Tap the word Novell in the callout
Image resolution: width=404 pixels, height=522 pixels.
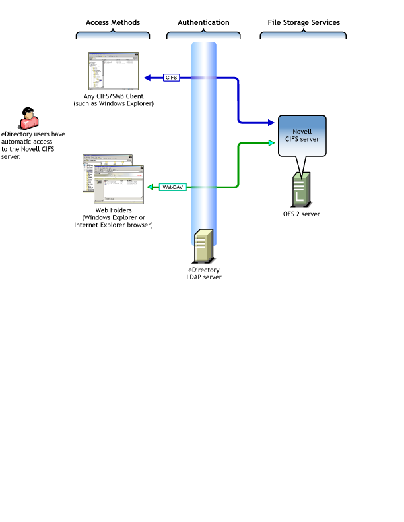302,131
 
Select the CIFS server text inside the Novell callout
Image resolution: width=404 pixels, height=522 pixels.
302,139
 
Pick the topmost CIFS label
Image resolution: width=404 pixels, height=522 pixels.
171,78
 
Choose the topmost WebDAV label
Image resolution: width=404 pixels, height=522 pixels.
173,187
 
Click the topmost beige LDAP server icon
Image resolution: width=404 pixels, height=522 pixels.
204,246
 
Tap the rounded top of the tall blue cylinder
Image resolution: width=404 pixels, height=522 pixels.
204,45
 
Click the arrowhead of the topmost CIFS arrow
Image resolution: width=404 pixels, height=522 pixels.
147,78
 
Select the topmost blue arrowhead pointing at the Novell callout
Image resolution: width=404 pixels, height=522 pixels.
271,122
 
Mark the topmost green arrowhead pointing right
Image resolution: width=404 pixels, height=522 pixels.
271,142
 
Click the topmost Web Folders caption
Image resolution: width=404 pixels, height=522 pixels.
113,210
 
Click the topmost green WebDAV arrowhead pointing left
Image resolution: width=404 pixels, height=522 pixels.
147,187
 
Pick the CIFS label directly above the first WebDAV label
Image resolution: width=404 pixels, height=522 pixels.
171,180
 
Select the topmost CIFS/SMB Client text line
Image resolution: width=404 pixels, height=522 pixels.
113,96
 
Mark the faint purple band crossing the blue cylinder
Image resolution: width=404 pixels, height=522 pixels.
204,78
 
